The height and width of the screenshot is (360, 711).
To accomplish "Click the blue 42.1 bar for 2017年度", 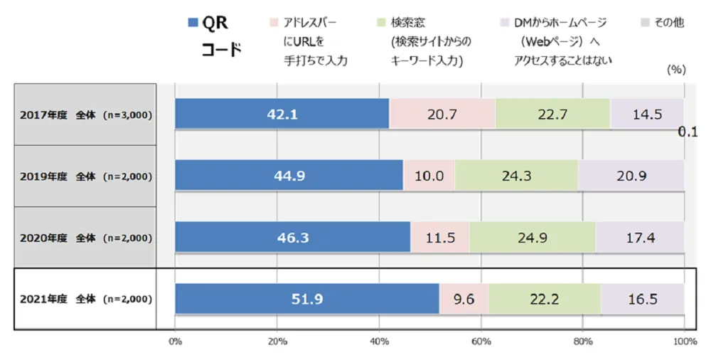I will pos(282,114).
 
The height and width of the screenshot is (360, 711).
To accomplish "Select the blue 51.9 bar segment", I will pos(307,299).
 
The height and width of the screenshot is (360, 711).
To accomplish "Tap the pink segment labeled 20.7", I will pos(442,114).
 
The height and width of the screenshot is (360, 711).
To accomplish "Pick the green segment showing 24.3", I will pos(516,176).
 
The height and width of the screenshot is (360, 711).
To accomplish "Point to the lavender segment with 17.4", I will pos(640,238).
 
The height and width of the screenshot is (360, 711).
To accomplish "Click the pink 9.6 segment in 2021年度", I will pos(464,299).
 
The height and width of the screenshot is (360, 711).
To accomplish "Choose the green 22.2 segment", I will pos(544,299).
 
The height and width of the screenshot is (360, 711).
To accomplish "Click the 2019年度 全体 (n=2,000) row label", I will pos(85,176).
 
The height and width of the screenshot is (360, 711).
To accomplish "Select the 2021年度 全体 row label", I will pos(85,300).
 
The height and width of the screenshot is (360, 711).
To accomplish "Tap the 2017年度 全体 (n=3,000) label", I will pos(85,115).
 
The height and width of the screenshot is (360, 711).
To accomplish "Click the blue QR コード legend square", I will pos(193,23).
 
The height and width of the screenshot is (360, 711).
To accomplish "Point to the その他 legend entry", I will pos(668,23).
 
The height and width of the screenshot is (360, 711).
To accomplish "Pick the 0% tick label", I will pos(176,342).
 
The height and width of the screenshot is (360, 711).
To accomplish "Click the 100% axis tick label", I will pos(684,342).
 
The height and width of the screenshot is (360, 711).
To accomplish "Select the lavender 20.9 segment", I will pos(631,176).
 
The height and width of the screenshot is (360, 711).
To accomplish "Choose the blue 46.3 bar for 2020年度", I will pos(293,238).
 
